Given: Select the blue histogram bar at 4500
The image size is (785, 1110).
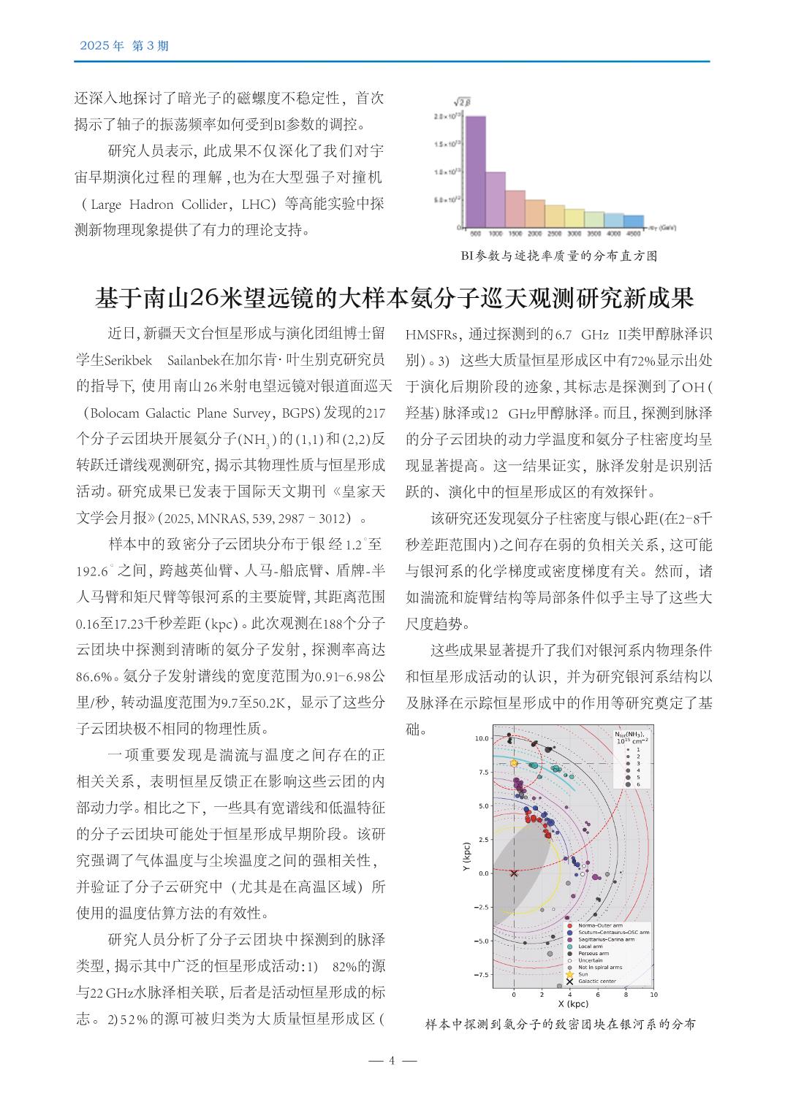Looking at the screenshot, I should (x=634, y=221).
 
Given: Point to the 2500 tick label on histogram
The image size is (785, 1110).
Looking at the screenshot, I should (x=554, y=234).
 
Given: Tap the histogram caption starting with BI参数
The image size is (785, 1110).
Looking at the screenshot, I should (x=559, y=256).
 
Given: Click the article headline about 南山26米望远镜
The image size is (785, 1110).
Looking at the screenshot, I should (x=394, y=299).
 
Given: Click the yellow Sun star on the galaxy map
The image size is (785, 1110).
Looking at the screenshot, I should (x=514, y=763).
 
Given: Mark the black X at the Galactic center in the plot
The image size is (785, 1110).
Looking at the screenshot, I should (x=514, y=873).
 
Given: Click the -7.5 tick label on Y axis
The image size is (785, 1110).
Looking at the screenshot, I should (x=480, y=975).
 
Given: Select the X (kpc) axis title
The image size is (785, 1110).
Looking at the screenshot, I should (x=573, y=1004).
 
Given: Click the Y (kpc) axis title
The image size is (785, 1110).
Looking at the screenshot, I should (x=466, y=858).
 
